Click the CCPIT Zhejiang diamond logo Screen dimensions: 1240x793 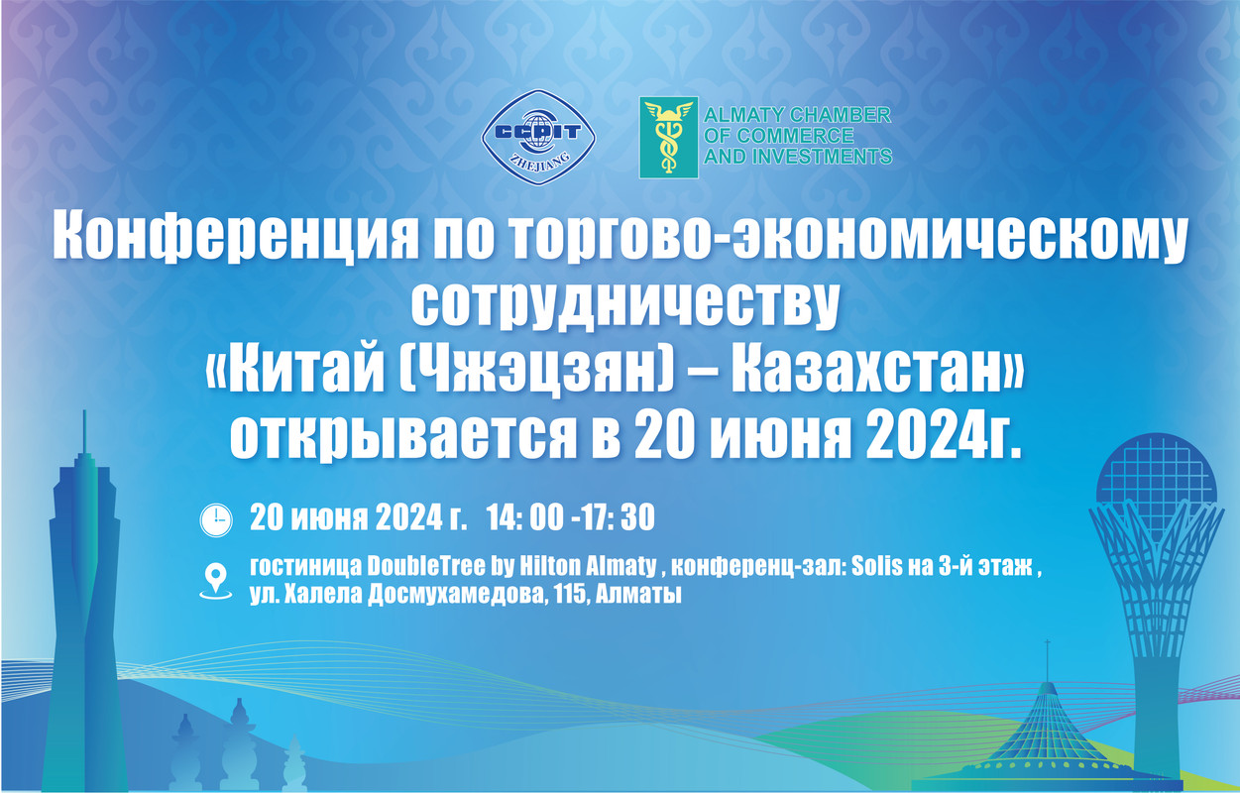coord(538,137)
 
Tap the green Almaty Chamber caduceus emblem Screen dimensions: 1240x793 coord(669,138)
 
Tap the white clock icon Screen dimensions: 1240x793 coord(216,520)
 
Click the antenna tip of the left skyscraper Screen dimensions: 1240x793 coord(84,411)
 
